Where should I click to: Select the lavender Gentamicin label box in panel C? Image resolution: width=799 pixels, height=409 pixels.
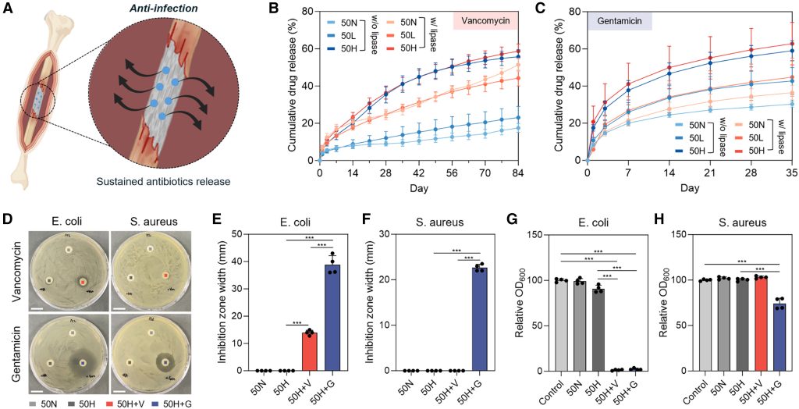tap(620, 22)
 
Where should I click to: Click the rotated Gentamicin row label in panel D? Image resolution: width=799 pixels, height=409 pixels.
tap(10, 350)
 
